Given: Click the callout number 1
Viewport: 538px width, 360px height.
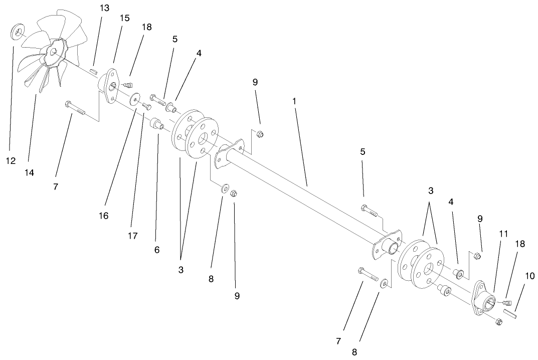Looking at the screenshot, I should coord(294,101).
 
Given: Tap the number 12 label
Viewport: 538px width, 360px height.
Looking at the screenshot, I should coord(11,161).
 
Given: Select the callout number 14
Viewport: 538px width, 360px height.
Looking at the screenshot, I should coord(29,172).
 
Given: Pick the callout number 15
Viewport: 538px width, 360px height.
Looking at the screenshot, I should coord(124,18).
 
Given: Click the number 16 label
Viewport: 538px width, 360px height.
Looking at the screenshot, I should coord(104,216).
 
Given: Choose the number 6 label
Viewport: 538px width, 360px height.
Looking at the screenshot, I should coord(157,249).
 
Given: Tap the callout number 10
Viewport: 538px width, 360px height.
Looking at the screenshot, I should coord(530,275).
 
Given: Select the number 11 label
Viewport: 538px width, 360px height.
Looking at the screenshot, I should coord(503,234).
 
